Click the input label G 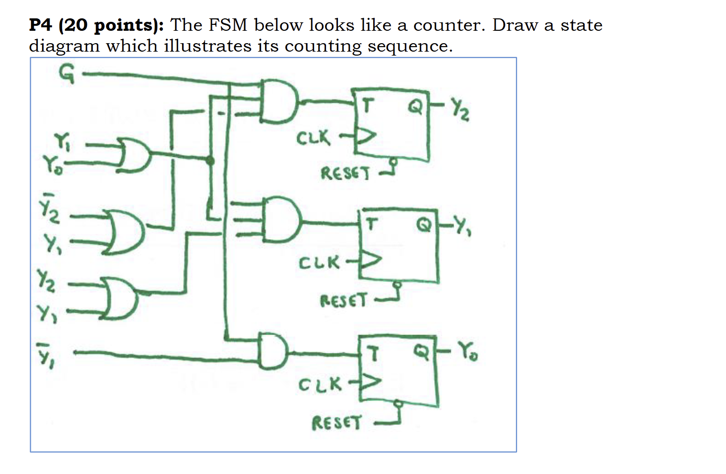pyautogui.click(x=66, y=74)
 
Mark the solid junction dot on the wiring pyautogui.click(x=210, y=160)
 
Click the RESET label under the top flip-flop pyautogui.click(x=345, y=174)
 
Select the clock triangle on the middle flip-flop pyautogui.click(x=372, y=260)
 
